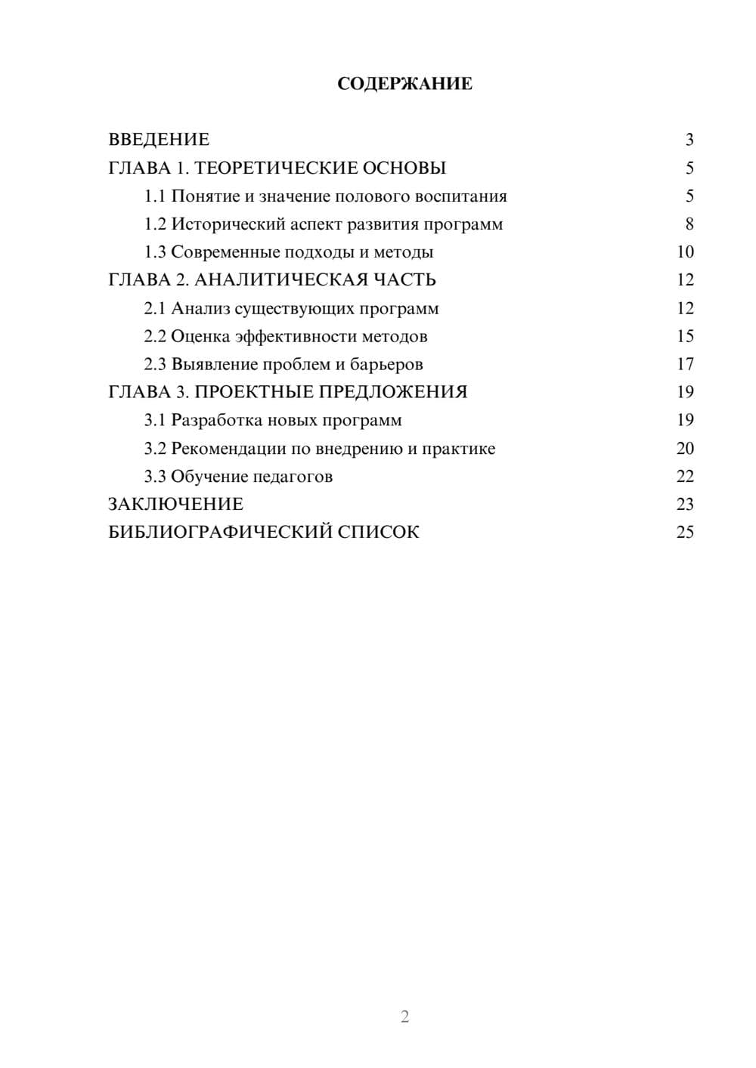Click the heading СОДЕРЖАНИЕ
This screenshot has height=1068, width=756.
click(x=404, y=84)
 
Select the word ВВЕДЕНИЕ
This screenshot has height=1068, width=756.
click(x=159, y=140)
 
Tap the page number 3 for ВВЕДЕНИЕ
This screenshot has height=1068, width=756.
click(x=689, y=140)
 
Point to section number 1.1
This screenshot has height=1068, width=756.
click(x=155, y=196)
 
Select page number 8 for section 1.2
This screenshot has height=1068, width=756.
click(x=689, y=224)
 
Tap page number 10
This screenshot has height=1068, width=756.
click(x=685, y=252)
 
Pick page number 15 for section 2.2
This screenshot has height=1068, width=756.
click(x=685, y=336)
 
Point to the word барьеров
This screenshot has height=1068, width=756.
click(x=386, y=365)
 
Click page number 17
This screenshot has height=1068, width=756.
click(x=685, y=365)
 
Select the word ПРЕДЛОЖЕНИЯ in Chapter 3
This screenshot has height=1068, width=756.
click(x=392, y=392)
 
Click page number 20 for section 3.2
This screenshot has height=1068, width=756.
click(x=685, y=449)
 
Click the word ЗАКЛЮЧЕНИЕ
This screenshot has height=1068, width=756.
click(x=175, y=504)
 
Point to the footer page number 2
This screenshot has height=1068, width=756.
click(x=404, y=1017)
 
